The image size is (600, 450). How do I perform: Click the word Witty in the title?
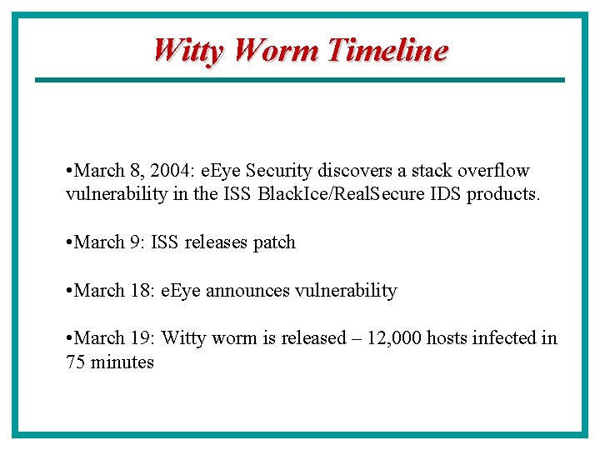189,51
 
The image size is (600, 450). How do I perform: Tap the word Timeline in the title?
387,51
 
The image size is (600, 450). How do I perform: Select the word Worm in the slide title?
277,51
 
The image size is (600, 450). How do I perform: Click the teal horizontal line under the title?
299,80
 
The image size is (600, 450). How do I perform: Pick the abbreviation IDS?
446,195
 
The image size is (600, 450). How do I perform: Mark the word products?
503,195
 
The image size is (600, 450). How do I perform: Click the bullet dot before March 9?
69,242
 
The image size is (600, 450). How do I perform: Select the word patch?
274,242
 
